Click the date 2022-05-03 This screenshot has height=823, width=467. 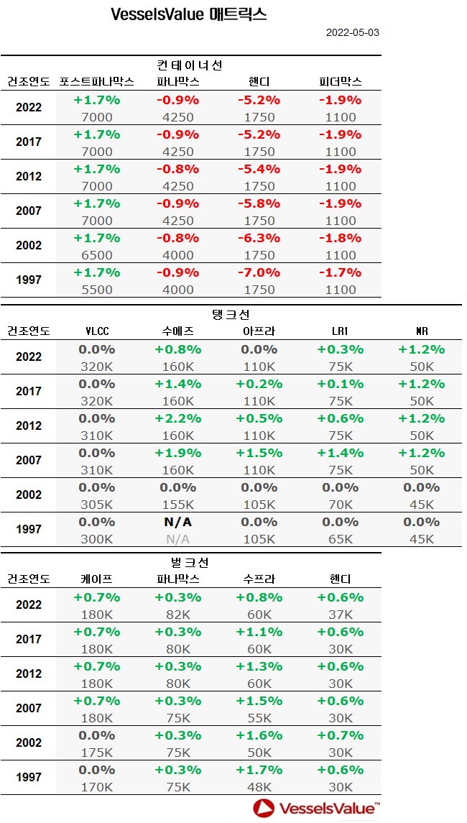[x=353, y=32]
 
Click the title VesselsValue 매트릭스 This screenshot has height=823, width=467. [x=189, y=14]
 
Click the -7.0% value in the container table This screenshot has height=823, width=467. [x=259, y=272]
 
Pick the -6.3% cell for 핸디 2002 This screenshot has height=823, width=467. [x=259, y=238]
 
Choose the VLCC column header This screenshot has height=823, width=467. [x=96, y=331]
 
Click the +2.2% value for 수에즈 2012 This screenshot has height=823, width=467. [x=177, y=419]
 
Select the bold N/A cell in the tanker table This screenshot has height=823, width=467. [x=177, y=523]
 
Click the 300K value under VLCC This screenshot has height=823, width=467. [x=96, y=539]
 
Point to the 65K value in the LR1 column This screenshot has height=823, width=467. [x=341, y=539]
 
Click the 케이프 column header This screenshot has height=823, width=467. [x=96, y=579]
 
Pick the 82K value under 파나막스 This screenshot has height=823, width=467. [x=177, y=615]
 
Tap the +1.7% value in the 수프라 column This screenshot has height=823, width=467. [x=259, y=770]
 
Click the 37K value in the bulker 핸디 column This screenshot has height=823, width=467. [x=341, y=615]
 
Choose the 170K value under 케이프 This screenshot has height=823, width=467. [x=96, y=787]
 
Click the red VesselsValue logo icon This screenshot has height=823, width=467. [x=264, y=808]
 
